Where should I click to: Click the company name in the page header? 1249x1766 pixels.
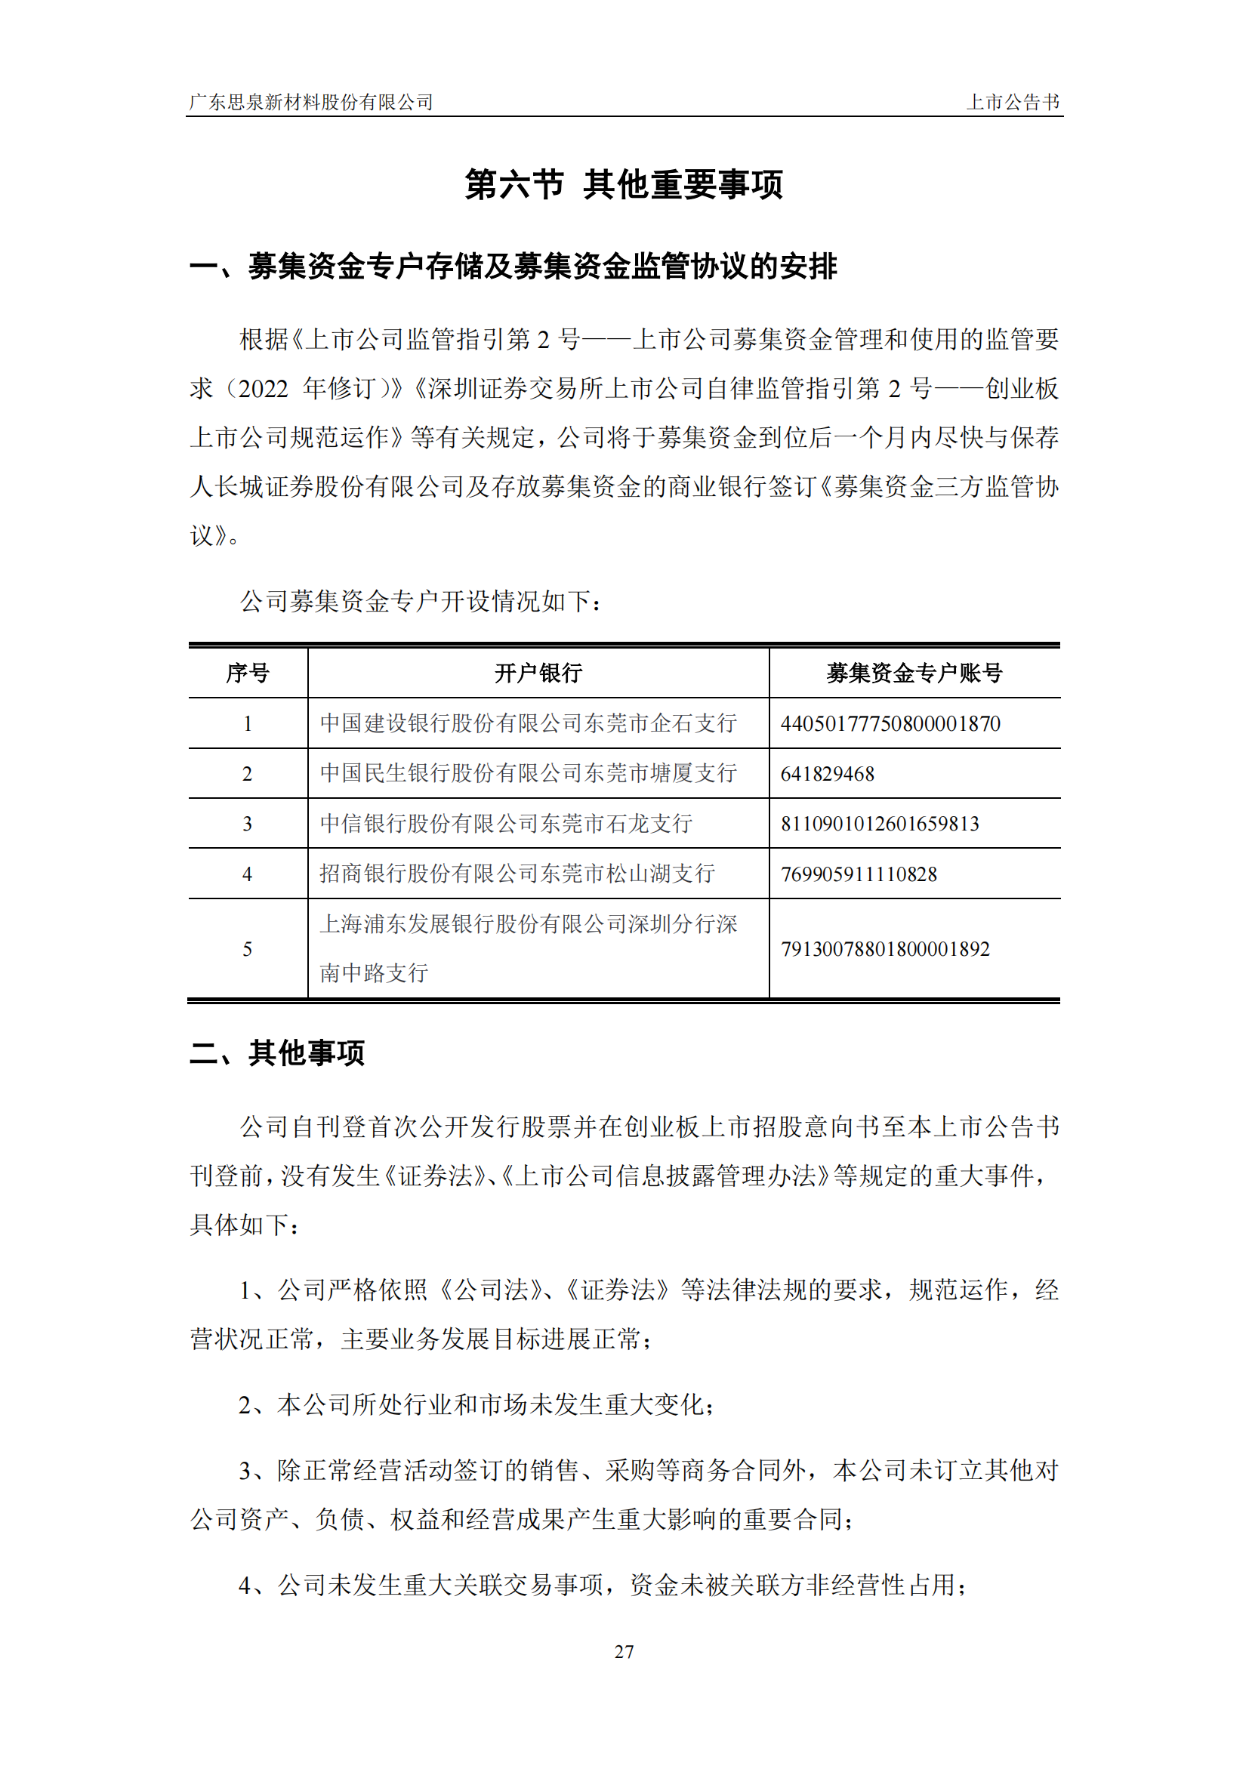(x=310, y=102)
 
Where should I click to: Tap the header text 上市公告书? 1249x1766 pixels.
(x=1012, y=102)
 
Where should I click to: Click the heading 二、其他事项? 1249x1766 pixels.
(x=277, y=1053)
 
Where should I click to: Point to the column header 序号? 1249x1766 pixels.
(x=248, y=673)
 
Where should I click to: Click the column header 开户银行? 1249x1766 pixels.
(x=538, y=673)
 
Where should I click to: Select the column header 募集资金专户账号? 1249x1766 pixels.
(x=914, y=673)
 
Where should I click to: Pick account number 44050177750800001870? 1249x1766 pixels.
(x=890, y=724)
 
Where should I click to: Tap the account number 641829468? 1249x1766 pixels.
(x=828, y=774)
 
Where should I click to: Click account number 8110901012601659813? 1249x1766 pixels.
(x=880, y=824)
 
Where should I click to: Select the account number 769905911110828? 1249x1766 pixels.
(x=859, y=874)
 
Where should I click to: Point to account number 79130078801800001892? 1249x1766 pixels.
(x=885, y=949)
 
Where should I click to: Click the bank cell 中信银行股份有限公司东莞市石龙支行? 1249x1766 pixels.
(x=506, y=824)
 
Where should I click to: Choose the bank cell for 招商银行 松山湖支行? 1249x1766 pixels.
(x=517, y=874)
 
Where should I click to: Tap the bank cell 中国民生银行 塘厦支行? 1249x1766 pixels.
(x=529, y=773)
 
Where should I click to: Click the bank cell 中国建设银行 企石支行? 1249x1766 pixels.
(x=529, y=723)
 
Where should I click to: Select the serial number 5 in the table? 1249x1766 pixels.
(x=248, y=949)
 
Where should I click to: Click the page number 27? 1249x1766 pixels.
(x=624, y=1651)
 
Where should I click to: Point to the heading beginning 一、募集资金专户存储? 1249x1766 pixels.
(x=513, y=267)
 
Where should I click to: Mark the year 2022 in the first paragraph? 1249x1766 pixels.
(x=263, y=389)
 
